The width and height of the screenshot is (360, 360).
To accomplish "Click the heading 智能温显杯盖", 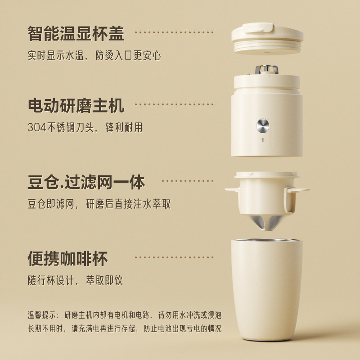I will (x=76, y=34).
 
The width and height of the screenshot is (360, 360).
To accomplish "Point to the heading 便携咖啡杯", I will (x=67, y=259).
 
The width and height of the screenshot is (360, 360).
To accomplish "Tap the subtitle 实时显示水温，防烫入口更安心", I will (x=94, y=56).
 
